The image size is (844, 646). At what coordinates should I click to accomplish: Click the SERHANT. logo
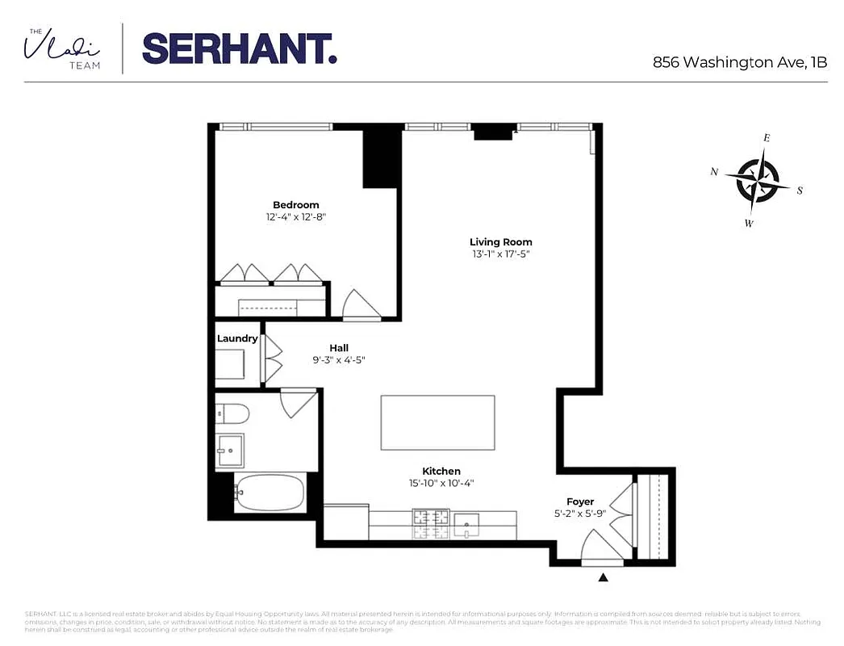pyautogui.click(x=239, y=49)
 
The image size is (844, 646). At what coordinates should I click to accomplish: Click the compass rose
pyautogui.click(x=756, y=180)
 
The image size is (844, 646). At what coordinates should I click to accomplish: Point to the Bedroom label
pyautogui.click(x=295, y=205)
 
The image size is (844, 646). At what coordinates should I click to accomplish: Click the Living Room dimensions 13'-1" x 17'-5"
pyautogui.click(x=500, y=254)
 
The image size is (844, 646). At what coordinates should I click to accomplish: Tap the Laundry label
pyautogui.click(x=236, y=339)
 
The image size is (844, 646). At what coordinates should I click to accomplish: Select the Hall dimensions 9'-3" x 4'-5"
pyautogui.click(x=339, y=359)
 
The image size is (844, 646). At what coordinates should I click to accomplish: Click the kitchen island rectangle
pyautogui.click(x=437, y=422)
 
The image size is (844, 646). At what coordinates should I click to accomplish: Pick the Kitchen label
pyautogui.click(x=441, y=472)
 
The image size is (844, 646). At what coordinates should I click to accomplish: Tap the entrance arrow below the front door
pyautogui.click(x=603, y=577)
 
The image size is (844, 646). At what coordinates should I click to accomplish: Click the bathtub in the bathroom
pyautogui.click(x=269, y=492)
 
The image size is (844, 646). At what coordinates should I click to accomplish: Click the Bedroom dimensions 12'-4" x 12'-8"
pyautogui.click(x=295, y=217)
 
